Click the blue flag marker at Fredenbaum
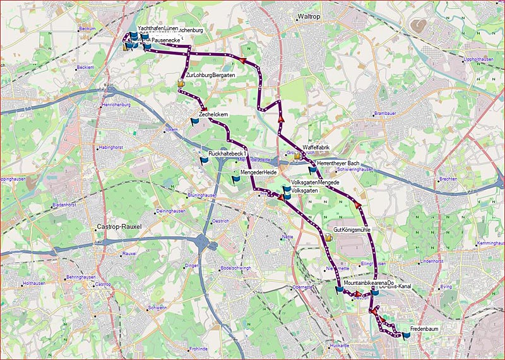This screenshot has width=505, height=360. point(405,336)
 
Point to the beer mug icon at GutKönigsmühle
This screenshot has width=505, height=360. point(329,237)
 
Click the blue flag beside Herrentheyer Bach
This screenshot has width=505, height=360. point(312,169)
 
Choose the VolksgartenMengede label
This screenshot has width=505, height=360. point(319,183)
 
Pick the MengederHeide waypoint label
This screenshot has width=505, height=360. point(259,172)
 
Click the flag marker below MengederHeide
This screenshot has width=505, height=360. point(236,179)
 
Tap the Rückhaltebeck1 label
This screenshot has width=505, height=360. point(225,154)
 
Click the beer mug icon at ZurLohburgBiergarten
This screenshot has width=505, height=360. point(181,82)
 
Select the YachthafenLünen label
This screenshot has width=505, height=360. point(157,29)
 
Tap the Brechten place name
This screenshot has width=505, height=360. point(447,179)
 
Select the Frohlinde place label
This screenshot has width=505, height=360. point(198,349)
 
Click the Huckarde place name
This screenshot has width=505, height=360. point(339,346)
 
